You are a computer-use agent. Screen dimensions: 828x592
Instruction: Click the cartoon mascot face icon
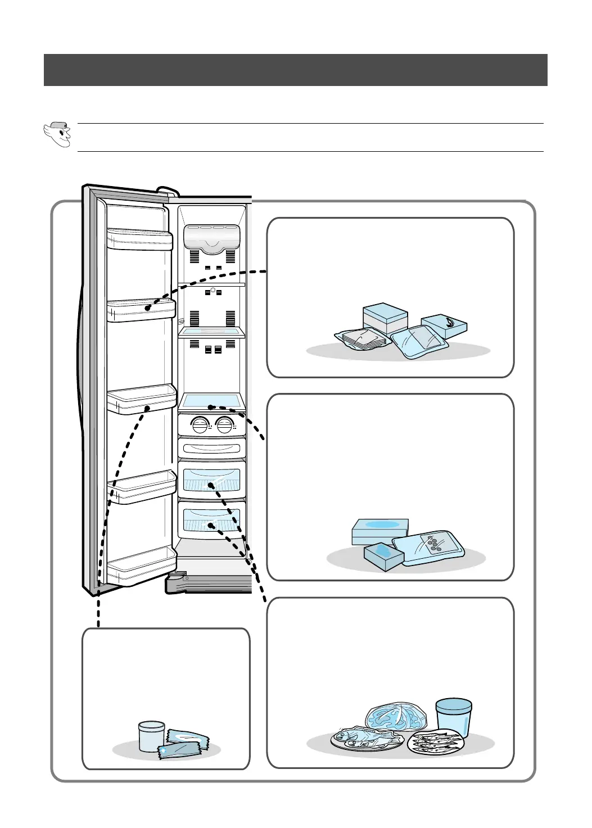[x=57, y=135]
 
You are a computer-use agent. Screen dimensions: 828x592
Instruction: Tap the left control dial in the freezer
[x=200, y=426]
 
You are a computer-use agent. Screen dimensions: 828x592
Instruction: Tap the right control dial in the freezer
[x=224, y=426]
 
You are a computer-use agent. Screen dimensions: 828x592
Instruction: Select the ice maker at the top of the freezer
[x=211, y=238]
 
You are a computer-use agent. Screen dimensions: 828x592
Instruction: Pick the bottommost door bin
[x=141, y=572]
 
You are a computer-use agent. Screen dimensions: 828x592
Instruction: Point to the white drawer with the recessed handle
[x=211, y=449]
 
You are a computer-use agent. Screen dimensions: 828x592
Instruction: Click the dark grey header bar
[x=296, y=70]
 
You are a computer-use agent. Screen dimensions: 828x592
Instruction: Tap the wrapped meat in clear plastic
[x=395, y=717]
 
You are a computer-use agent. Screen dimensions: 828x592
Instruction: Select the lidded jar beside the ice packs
[x=151, y=735]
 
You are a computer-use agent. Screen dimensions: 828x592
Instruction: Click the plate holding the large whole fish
[x=357, y=740]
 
